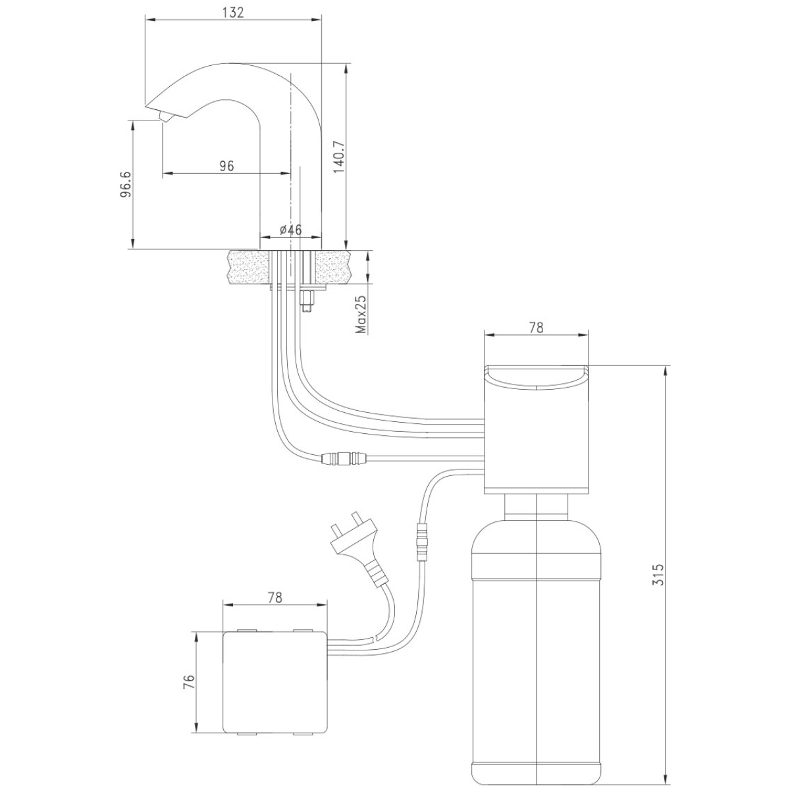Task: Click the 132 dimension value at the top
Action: (x=233, y=13)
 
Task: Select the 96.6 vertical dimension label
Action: (x=126, y=184)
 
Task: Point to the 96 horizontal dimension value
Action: (x=226, y=166)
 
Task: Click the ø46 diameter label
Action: (x=291, y=230)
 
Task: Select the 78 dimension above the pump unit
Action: (x=536, y=328)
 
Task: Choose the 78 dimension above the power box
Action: (x=275, y=597)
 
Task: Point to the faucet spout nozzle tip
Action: (x=163, y=118)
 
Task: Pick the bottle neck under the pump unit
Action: (x=537, y=507)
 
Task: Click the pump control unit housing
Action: (x=537, y=429)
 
